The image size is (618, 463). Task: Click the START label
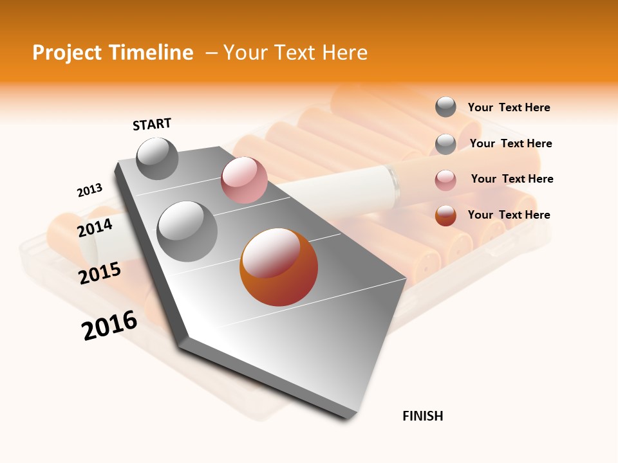(x=152, y=124)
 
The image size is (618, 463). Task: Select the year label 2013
(x=89, y=190)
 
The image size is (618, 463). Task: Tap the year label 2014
(x=95, y=228)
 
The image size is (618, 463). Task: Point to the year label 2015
(x=99, y=273)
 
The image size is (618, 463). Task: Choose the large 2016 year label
(x=109, y=325)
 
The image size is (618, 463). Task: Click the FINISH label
(x=422, y=416)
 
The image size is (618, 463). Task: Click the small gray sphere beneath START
(x=157, y=158)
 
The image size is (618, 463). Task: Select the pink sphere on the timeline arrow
(x=244, y=180)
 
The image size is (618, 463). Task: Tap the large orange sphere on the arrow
(x=279, y=267)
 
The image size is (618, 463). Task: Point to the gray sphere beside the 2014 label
(x=187, y=231)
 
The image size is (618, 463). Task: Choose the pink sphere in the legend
(x=445, y=179)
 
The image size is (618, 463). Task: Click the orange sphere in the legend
(x=445, y=215)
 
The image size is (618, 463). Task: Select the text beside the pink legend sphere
(x=512, y=179)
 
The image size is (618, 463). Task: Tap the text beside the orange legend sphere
(x=509, y=215)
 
